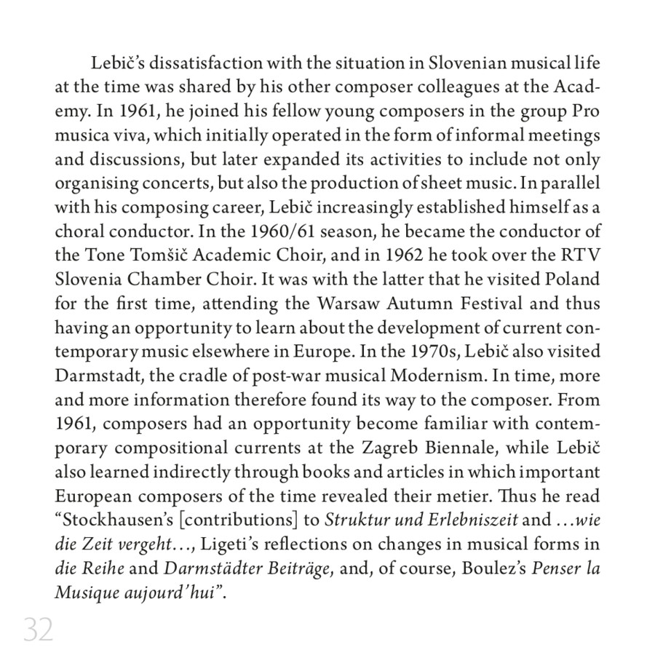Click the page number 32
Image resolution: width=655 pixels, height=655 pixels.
coord(39,629)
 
